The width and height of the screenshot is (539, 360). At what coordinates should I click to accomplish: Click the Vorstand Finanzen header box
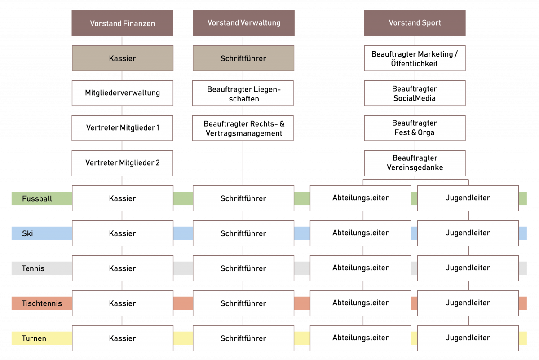(122, 23)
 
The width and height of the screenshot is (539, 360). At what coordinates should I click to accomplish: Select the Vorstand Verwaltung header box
(243, 23)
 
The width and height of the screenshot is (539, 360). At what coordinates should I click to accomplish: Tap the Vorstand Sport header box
(415, 23)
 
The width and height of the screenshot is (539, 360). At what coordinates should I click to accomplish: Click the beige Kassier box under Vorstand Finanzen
(122, 58)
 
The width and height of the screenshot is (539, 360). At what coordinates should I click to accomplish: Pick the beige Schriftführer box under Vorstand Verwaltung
(243, 58)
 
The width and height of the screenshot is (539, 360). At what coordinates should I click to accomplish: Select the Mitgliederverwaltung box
(122, 93)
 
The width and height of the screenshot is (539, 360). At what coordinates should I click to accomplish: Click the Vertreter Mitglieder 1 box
(122, 128)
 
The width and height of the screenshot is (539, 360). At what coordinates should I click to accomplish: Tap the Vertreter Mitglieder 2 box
(122, 163)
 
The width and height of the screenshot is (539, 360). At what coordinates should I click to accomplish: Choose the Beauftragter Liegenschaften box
(243, 93)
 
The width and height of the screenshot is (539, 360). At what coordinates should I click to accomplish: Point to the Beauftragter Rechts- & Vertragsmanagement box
(243, 128)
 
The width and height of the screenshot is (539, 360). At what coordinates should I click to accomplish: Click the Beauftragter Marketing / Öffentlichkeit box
(415, 58)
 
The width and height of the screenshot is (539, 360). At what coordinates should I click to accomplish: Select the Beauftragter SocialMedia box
(415, 93)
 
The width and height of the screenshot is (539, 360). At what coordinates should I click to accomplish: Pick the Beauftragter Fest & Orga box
(415, 128)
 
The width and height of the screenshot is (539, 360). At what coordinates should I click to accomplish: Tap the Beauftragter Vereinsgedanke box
(415, 163)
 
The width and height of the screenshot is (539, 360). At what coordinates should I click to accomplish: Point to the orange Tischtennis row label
(40, 303)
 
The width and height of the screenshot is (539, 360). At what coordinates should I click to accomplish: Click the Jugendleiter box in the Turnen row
(468, 338)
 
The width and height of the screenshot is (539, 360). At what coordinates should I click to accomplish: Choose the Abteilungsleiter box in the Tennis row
(360, 268)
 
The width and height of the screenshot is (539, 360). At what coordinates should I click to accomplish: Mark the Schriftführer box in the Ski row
(243, 233)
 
